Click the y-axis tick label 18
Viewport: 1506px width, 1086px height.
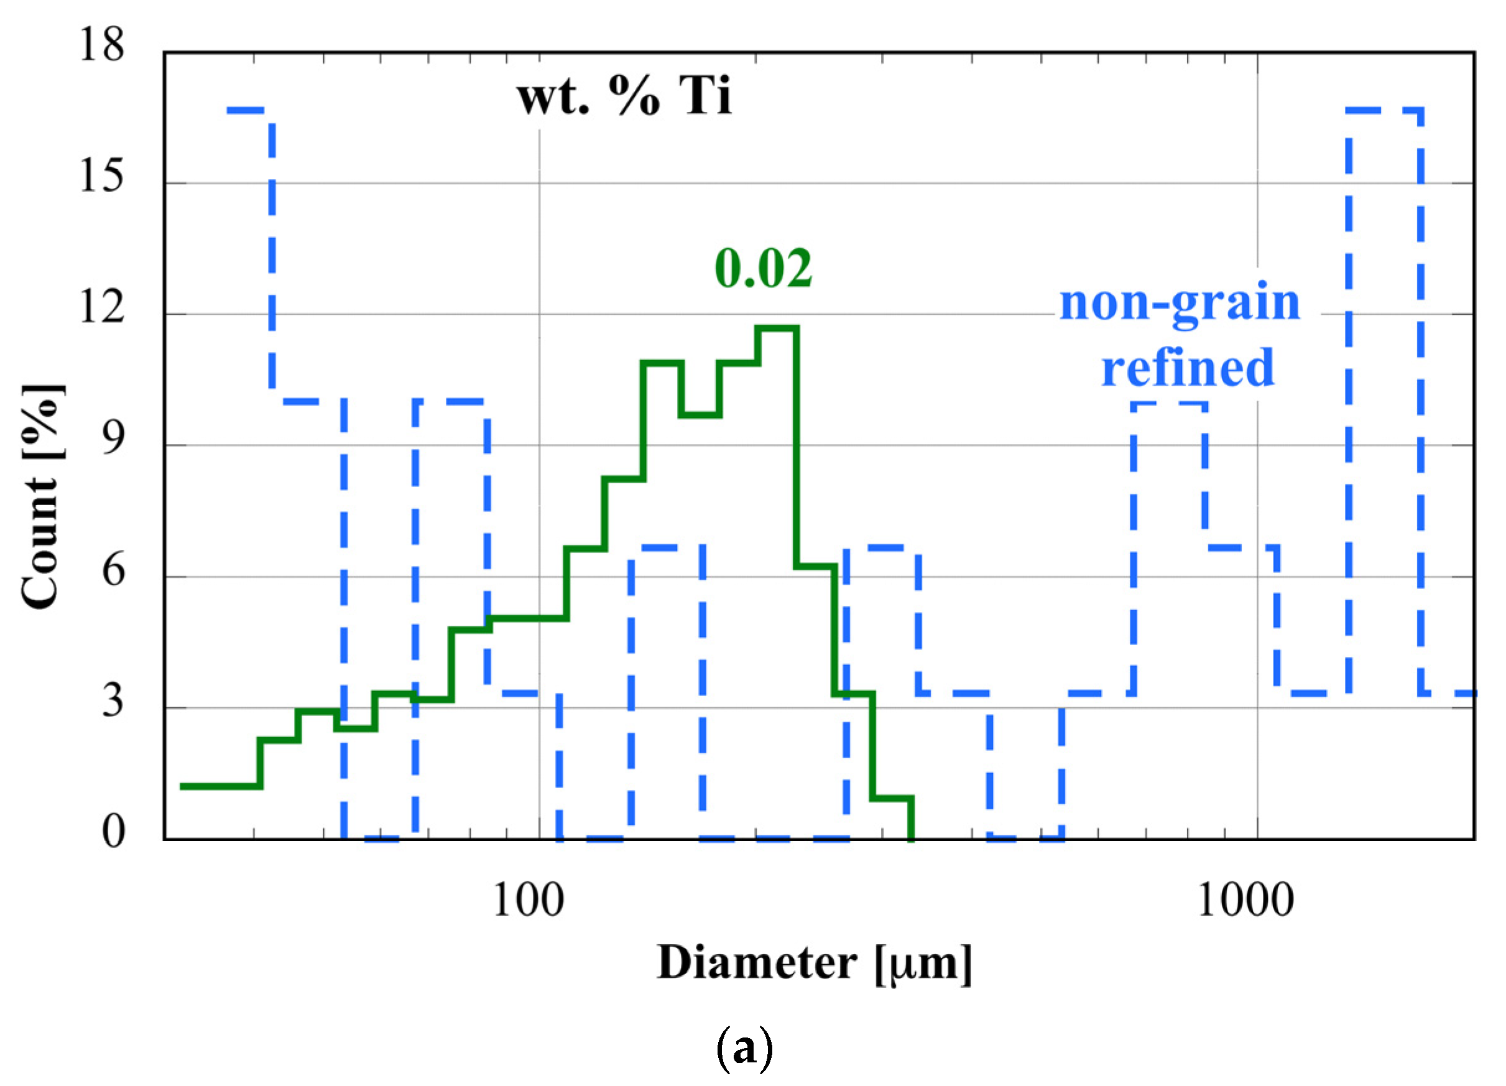coord(101,45)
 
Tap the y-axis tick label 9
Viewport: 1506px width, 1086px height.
coord(113,439)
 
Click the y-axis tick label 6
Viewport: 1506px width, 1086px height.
coord(113,570)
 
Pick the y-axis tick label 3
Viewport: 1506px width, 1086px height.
coord(113,702)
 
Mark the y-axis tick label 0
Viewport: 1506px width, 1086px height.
coord(113,832)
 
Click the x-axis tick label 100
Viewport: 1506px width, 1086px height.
coord(529,901)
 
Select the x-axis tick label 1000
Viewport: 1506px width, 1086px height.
coord(1245,901)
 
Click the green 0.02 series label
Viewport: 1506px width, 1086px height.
coord(763,268)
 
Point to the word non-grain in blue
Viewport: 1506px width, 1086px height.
coord(1180,302)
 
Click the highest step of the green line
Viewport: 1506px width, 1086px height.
coord(777,328)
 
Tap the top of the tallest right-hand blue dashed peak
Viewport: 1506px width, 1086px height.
coord(1385,109)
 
